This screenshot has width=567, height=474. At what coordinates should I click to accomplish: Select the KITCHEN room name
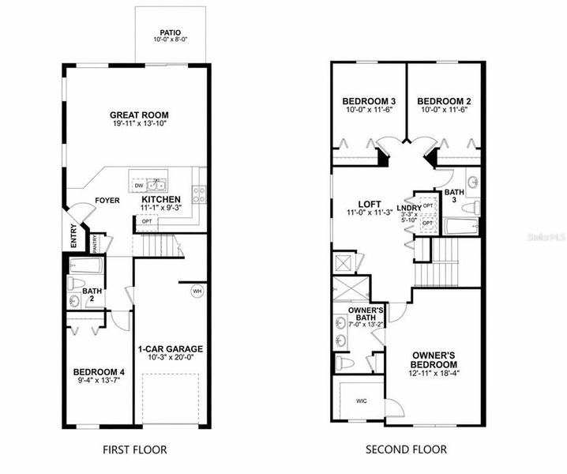point(161,199)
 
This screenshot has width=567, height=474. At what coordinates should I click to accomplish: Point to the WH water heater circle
point(197,291)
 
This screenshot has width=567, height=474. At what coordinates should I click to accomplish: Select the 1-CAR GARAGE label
point(170,348)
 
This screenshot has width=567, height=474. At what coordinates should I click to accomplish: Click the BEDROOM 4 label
point(98,372)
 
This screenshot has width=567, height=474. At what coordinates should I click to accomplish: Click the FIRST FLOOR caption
point(135,450)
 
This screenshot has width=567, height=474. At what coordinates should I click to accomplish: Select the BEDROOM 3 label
point(368,101)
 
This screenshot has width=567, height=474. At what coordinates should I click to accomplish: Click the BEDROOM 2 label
point(444,101)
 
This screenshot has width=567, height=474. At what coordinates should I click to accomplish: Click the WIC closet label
point(361,401)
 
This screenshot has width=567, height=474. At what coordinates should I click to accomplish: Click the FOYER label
point(107,201)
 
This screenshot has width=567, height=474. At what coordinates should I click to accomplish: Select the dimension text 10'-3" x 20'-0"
point(171,358)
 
